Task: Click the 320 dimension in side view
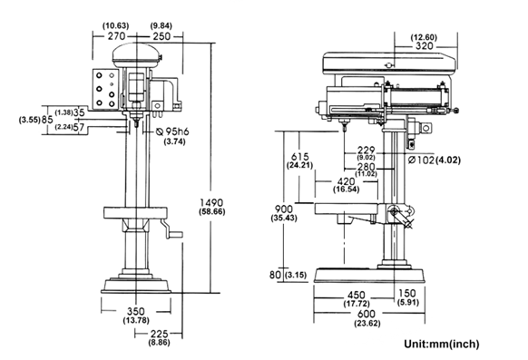pos(424,45)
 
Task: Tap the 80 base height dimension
pos(274,274)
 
